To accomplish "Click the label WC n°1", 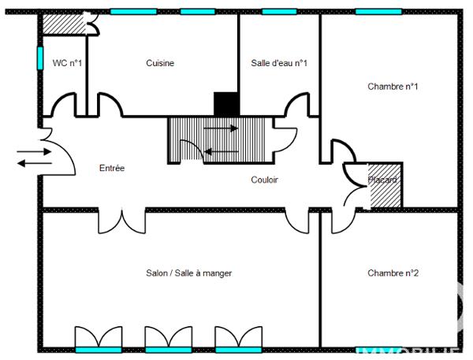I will (64, 63).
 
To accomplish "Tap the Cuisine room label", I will (160, 63).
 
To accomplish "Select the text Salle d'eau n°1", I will (279, 63).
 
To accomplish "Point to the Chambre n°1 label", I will (393, 87).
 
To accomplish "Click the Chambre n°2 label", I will (393, 273).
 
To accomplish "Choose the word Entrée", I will (111, 169).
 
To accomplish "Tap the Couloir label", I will (264, 180).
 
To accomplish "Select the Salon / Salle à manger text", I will (188, 273).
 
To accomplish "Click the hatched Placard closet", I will (386, 186).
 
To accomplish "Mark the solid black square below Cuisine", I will (226, 104).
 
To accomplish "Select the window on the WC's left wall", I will (39, 58).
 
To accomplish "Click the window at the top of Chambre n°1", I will (378, 12).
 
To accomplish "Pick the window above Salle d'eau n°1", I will (279, 12).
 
